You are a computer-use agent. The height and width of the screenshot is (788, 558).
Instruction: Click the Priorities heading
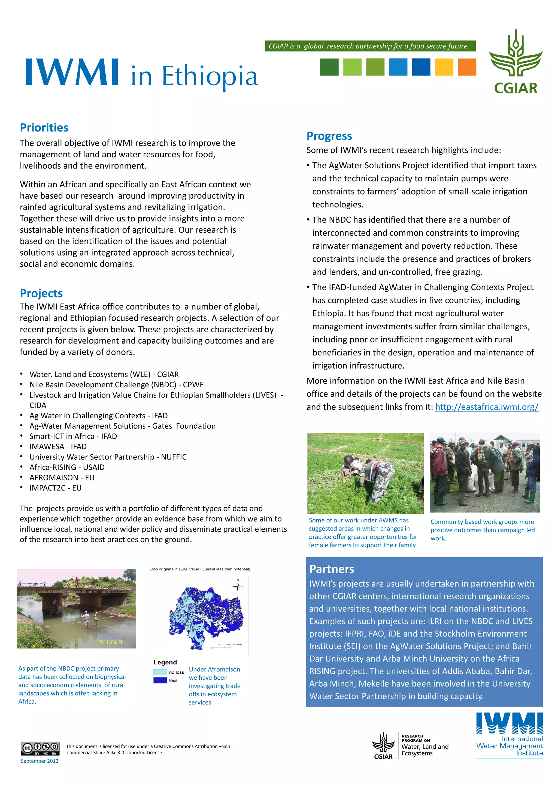pyautogui.click(x=44, y=128)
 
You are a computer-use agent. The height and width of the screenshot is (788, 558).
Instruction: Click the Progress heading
pyautogui.click(x=329, y=136)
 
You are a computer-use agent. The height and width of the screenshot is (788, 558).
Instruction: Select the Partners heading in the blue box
pyautogui.click(x=331, y=569)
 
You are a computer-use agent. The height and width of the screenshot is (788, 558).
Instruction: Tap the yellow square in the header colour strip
pyautogui.click(x=444, y=67)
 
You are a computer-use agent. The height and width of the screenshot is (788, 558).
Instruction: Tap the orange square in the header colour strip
pyautogui.click(x=467, y=67)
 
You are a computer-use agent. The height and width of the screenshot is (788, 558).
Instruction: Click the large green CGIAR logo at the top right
pyautogui.click(x=515, y=62)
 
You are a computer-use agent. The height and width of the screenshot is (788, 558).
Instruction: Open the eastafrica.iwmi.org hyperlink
pyautogui.click(x=487, y=407)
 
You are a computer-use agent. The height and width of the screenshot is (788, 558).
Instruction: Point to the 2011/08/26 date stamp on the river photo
pyautogui.click(x=111, y=642)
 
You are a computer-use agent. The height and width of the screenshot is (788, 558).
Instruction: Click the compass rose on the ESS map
pyautogui.click(x=237, y=586)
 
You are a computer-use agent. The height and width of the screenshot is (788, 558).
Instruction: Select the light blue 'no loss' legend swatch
pyautogui.click(x=160, y=672)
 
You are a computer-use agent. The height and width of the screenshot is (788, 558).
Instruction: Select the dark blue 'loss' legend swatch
pyautogui.click(x=160, y=680)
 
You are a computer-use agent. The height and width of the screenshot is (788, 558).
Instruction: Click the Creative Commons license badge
pyautogui.click(x=40, y=748)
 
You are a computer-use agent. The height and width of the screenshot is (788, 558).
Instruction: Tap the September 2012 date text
pyautogui.click(x=40, y=761)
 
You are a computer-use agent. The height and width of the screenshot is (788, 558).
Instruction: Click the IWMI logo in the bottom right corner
pyautogui.click(x=509, y=734)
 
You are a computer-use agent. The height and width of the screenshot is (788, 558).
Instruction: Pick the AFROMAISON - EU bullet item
pyautogui.click(x=62, y=478)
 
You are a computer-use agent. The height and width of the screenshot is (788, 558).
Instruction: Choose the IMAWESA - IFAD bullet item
pyautogui.click(x=58, y=446)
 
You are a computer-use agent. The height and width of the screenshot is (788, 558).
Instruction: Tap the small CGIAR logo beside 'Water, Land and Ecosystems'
pyautogui.click(x=383, y=746)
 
